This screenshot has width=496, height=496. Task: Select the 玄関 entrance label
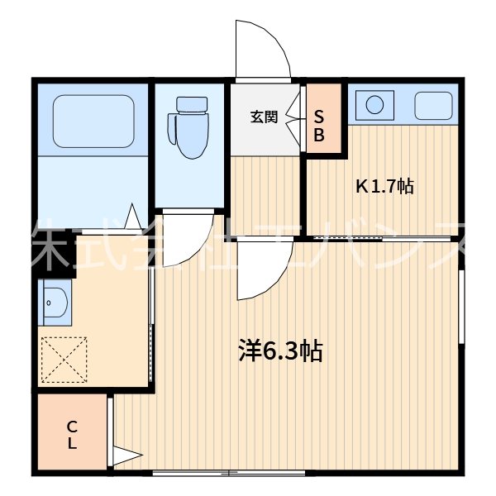264,117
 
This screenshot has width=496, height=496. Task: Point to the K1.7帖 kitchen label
384,187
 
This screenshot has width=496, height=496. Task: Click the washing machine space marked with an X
64,359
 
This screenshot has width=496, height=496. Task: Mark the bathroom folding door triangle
132,217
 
